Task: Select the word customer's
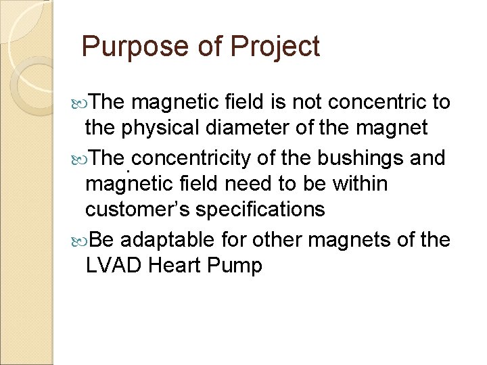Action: pos(138,210)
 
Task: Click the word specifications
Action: pos(260,210)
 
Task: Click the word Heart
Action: pos(175,266)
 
